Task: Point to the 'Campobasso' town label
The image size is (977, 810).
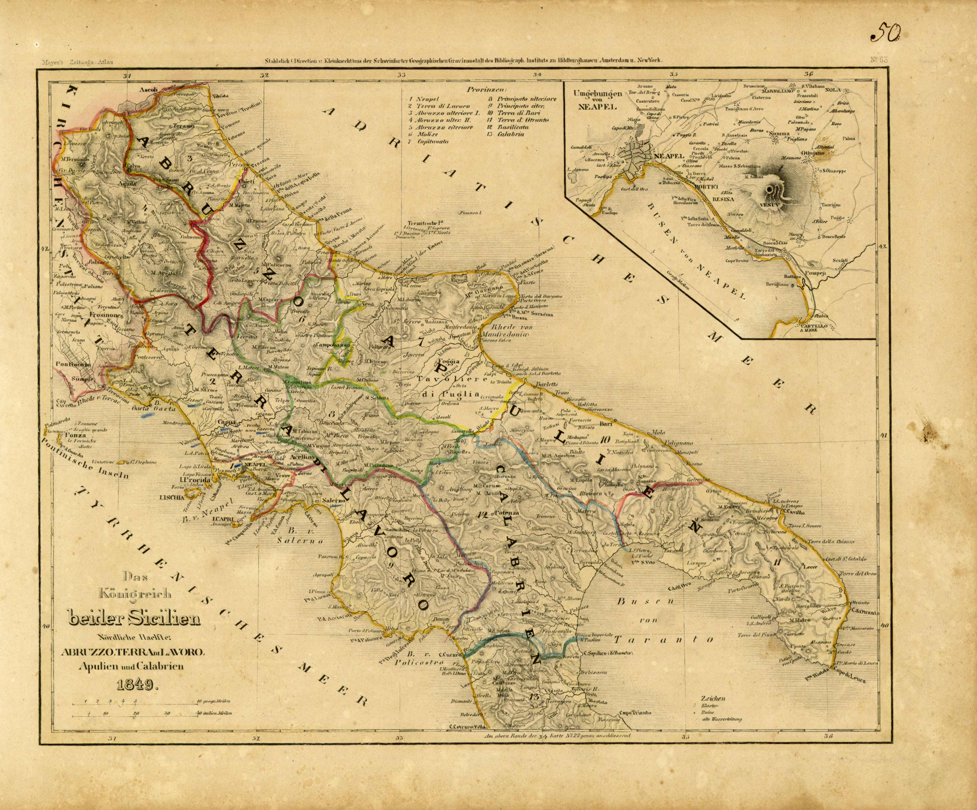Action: coord(333,346)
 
